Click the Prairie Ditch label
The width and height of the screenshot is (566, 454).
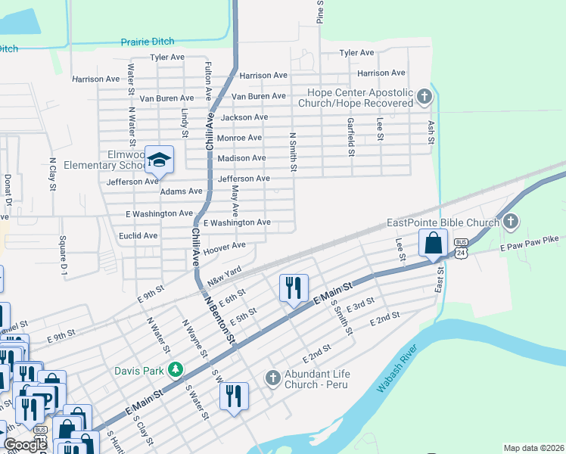coord(148,42)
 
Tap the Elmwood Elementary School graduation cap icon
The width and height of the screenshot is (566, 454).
coord(160,159)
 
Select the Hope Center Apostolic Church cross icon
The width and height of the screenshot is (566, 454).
coord(424,96)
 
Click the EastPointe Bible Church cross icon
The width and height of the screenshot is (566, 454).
coord(511,222)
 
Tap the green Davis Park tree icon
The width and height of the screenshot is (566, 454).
coord(176,369)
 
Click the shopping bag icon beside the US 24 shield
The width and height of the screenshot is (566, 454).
coord(433,244)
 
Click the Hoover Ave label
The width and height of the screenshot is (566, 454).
coord(225,247)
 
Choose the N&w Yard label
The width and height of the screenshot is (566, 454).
coord(224,275)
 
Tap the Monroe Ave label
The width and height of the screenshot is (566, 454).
coord(239,138)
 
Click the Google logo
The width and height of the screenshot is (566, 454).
coord(25,445)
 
